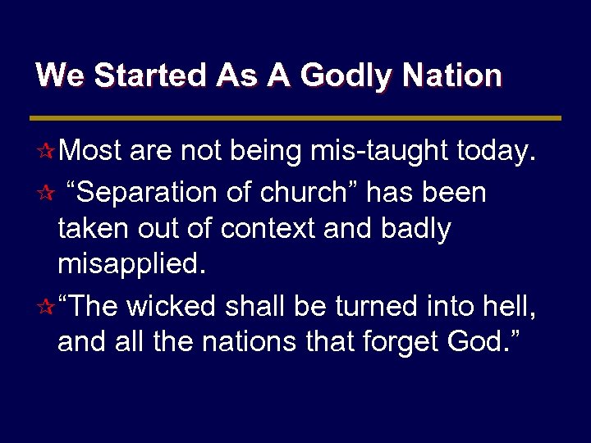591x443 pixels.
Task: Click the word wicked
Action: click(x=172, y=307)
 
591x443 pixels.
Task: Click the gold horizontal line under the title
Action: click(x=295, y=118)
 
